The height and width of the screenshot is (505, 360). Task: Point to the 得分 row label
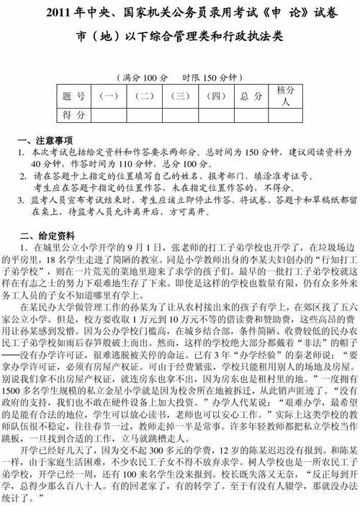74,114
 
